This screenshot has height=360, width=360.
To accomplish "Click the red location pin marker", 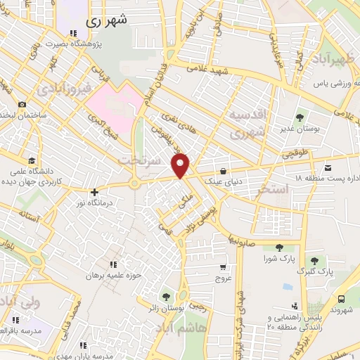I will coord(181,165).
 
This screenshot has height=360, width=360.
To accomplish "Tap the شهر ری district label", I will coord(108,21).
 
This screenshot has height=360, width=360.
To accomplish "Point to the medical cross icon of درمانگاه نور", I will coord(94,191).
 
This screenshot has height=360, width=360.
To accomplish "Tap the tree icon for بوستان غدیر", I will coord(300,117).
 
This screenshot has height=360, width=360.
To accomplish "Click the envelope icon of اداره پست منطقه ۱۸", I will coord(328,167).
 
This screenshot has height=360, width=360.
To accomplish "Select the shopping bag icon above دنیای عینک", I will coord(223,170).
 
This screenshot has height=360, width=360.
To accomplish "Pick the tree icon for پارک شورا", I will coord(280,247).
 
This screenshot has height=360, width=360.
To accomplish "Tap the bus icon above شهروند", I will coord(341,299).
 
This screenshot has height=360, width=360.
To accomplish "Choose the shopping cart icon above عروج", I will coord(223,267).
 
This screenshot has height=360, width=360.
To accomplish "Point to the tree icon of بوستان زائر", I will coord(166,297).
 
